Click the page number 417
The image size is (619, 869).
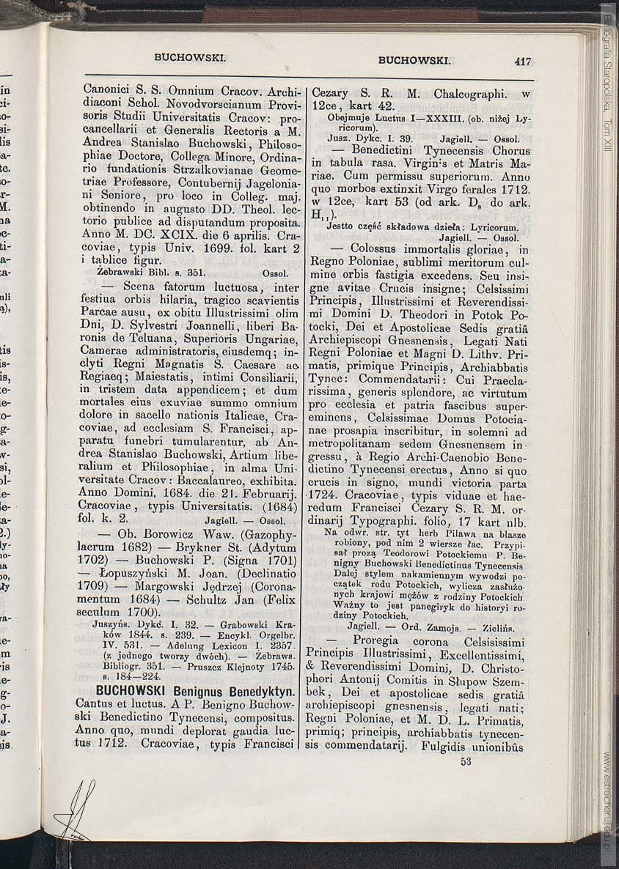523,62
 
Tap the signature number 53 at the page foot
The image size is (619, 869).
466,761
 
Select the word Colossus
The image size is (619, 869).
378,249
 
